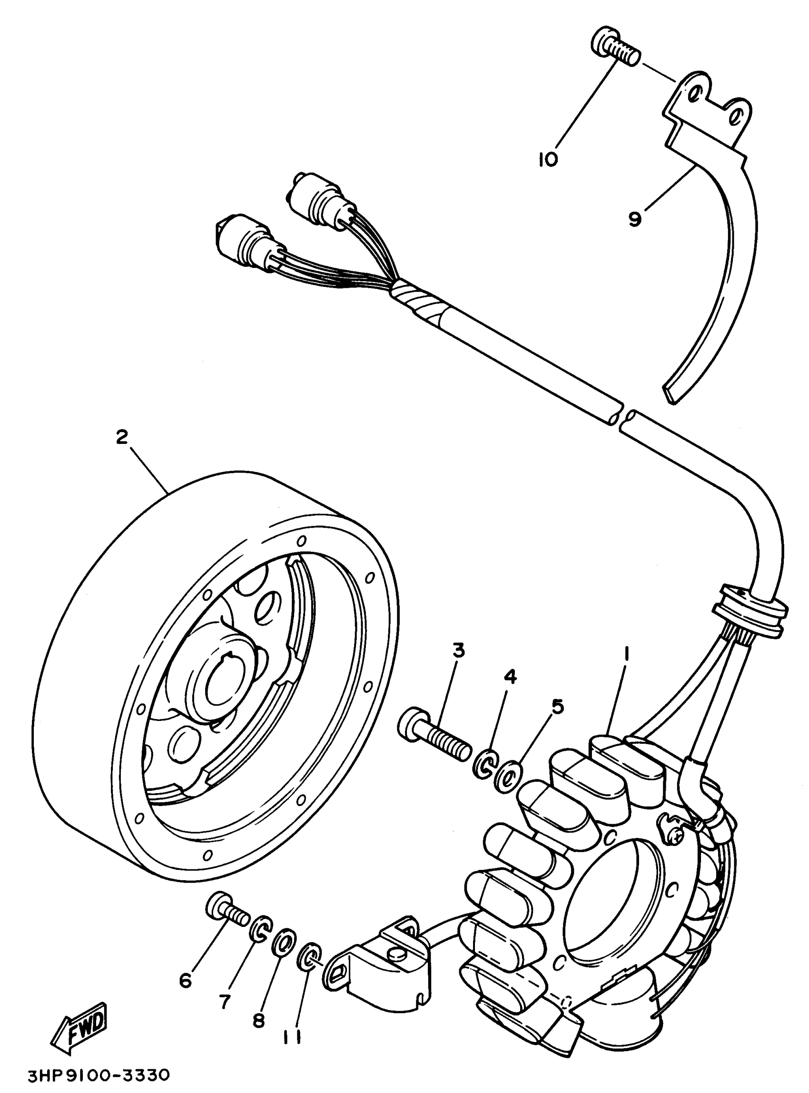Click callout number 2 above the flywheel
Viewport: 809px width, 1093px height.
121,436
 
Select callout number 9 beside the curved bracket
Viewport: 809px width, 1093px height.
635,219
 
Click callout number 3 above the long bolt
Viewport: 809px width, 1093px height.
458,651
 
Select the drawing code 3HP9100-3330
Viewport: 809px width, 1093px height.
98,1075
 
